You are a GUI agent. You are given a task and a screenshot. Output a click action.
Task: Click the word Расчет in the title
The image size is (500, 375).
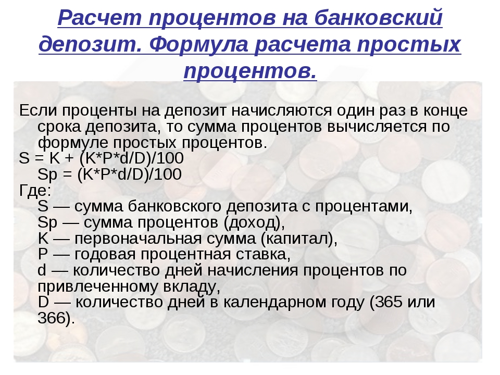(99, 18)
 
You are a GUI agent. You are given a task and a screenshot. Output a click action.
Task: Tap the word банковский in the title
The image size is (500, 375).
(378, 18)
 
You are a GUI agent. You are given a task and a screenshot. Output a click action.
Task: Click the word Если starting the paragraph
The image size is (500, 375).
(38, 110)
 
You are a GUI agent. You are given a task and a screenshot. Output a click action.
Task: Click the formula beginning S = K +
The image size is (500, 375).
(102, 158)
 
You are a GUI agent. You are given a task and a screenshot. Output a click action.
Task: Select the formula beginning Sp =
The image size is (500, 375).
(110, 174)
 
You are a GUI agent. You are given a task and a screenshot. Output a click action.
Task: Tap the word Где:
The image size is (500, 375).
(35, 191)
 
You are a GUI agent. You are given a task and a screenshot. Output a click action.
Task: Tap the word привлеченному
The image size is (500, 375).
(97, 286)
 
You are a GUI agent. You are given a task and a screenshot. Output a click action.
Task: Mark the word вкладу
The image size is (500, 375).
(190, 286)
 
